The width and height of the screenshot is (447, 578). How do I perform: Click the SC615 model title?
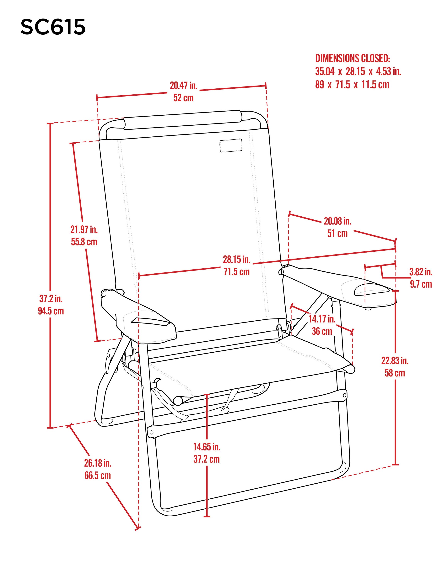click(x=53, y=27)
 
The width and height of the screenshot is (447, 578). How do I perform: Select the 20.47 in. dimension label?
click(x=183, y=86)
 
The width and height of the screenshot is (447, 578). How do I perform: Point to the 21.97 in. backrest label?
click(x=84, y=229)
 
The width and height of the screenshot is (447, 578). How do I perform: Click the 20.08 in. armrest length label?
click(x=337, y=221)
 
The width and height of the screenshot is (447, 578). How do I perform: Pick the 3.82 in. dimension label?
click(x=421, y=272)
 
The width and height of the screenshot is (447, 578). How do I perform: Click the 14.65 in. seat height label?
click(x=207, y=447)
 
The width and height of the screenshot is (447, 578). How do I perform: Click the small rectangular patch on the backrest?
click(x=231, y=145)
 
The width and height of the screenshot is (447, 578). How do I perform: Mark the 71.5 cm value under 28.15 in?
click(x=236, y=272)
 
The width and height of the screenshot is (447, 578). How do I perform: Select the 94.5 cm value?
click(x=51, y=311)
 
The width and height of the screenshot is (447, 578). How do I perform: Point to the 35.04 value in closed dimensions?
click(x=325, y=71)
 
